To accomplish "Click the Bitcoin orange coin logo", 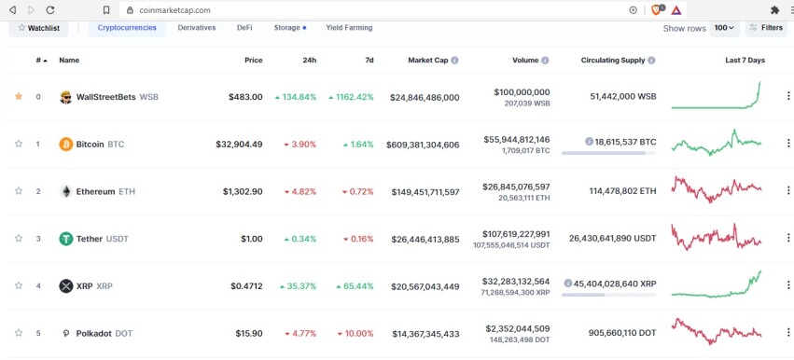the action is pyautogui.click(x=66, y=145).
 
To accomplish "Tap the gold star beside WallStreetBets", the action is pyautogui.click(x=19, y=96).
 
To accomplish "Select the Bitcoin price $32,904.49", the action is pyautogui.click(x=239, y=145).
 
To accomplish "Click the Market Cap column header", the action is pyautogui.click(x=428, y=61).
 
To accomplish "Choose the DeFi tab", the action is pyautogui.click(x=244, y=28).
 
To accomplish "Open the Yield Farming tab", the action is pyautogui.click(x=349, y=28).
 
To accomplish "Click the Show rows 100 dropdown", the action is pyautogui.click(x=724, y=28).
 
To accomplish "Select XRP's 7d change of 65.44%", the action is pyautogui.click(x=355, y=286).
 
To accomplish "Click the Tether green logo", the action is pyautogui.click(x=66, y=239).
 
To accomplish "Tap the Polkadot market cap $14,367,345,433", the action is pyautogui.click(x=425, y=334).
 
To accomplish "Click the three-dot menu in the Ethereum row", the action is pyautogui.click(x=787, y=191).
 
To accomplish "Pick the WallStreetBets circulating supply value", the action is pyautogui.click(x=623, y=96).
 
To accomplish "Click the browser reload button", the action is pyautogui.click(x=50, y=10).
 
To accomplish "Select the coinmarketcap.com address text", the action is pyautogui.click(x=175, y=10).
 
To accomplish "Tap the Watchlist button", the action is pyautogui.click(x=38, y=28).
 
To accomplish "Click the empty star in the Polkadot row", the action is pyautogui.click(x=19, y=333).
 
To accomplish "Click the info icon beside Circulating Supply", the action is pyautogui.click(x=651, y=61).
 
